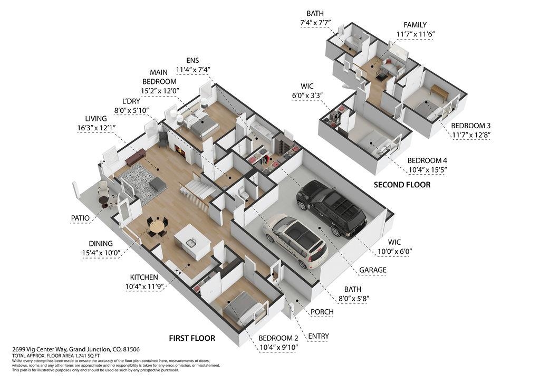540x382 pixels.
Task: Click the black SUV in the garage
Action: click(x=331, y=208)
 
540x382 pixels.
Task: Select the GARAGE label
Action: click(x=372, y=270)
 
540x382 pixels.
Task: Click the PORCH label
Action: click(x=322, y=312)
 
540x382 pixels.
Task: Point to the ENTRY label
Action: click(x=319, y=336)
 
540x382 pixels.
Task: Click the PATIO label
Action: click(x=83, y=217)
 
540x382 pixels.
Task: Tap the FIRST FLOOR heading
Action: click(x=191, y=338)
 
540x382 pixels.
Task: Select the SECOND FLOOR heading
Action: click(x=402, y=185)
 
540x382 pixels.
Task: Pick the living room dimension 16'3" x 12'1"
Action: click(x=97, y=128)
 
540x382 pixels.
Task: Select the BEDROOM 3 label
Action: click(x=470, y=126)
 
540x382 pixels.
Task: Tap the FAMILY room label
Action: click(x=415, y=25)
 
